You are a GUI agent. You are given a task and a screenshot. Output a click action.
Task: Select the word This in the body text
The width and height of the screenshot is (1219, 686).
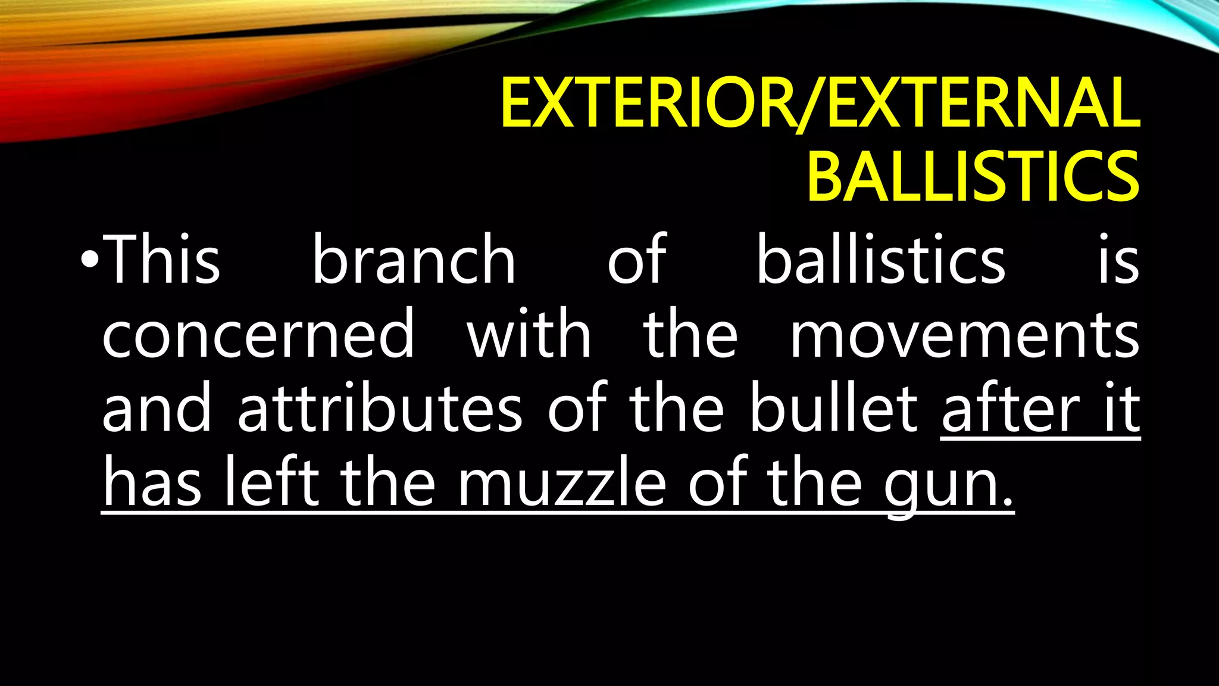[x=162, y=260]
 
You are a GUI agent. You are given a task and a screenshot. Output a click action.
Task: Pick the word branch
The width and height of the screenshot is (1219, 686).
[x=414, y=260]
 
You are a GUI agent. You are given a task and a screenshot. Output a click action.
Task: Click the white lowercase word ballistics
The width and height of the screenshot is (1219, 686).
[x=880, y=260]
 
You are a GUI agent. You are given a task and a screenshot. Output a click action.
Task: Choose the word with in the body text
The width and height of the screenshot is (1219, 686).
[x=529, y=335]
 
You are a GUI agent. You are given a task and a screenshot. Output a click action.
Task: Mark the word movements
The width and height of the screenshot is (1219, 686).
[x=964, y=335]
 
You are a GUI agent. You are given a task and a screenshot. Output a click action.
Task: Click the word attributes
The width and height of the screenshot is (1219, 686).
[x=380, y=409]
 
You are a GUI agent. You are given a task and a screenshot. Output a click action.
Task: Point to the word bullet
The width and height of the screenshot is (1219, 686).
[x=834, y=409]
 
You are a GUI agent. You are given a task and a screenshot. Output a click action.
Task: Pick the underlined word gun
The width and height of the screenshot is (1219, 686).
[x=946, y=485]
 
